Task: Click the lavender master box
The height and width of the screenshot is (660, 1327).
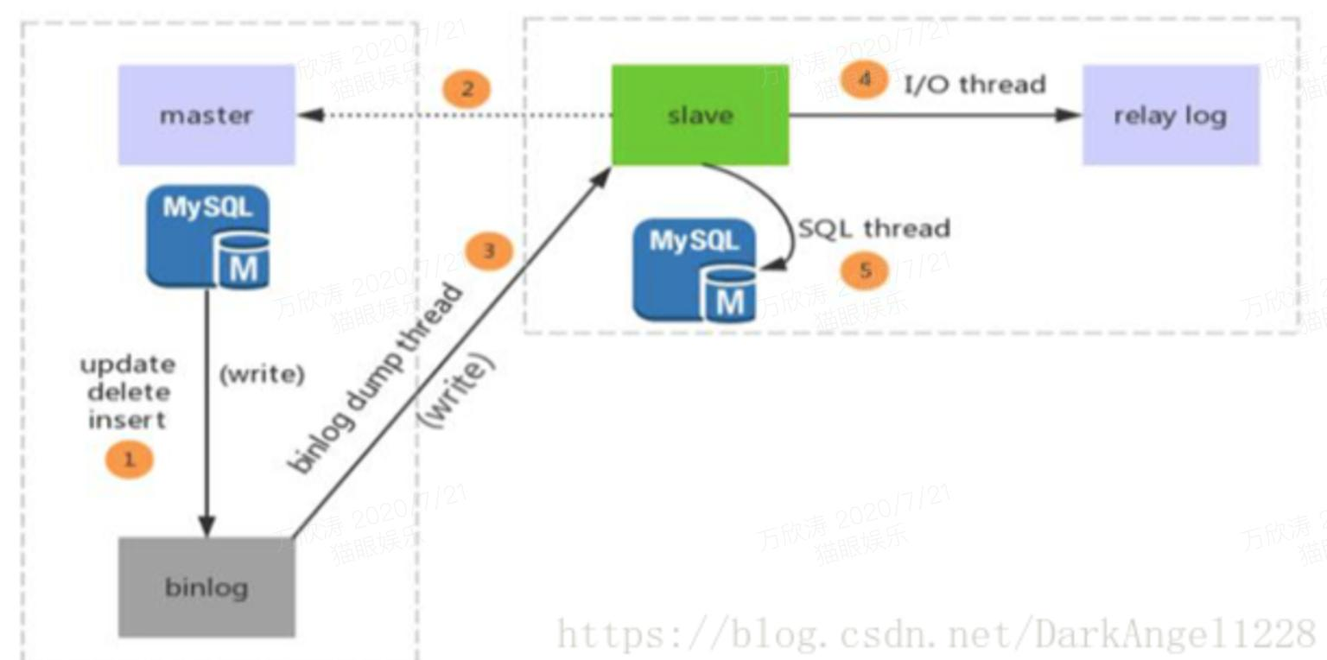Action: [206, 115]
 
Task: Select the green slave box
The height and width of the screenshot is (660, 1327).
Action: [700, 115]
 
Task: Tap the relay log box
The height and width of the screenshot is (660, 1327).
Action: [1170, 115]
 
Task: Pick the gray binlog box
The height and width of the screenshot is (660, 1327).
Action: [206, 587]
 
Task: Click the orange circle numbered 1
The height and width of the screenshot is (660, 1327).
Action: [129, 460]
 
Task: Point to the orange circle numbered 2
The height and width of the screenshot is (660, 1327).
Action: [467, 89]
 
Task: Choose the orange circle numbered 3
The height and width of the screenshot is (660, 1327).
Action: [489, 251]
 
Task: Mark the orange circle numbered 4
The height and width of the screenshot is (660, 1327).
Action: [864, 80]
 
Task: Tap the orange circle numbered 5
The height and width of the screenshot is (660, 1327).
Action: [865, 271]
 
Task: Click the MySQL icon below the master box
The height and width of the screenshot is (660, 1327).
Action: [208, 237]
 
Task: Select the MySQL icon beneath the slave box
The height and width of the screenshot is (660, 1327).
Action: [694, 270]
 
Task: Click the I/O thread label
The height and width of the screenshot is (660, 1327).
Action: [975, 84]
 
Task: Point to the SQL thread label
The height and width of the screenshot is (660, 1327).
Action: [873, 228]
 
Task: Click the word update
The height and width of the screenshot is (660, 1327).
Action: [128, 365]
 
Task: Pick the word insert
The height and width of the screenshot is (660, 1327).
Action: [127, 421]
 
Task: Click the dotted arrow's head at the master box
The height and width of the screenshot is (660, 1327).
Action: [308, 115]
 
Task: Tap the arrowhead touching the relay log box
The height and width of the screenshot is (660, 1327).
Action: [1070, 115]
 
